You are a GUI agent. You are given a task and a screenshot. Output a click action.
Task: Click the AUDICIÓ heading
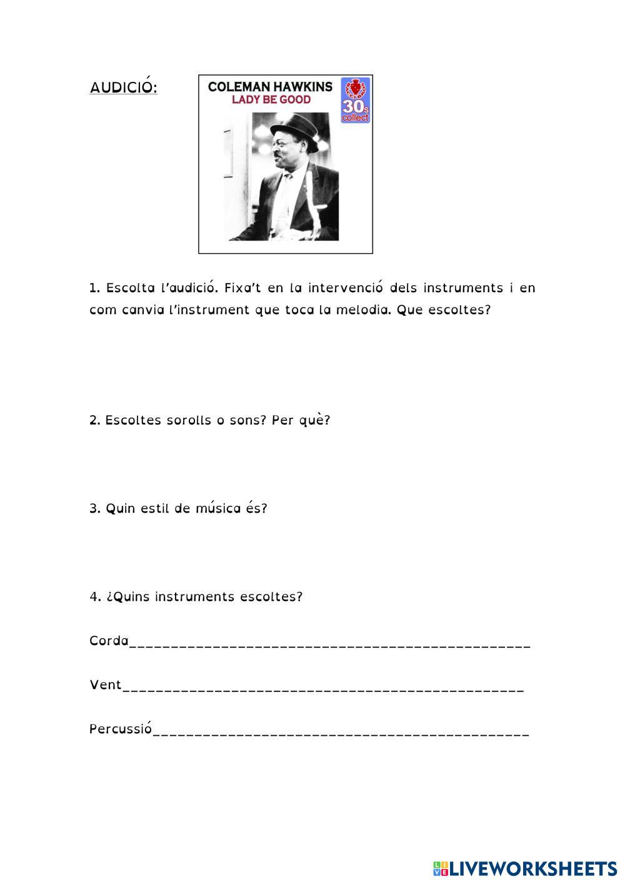(x=123, y=87)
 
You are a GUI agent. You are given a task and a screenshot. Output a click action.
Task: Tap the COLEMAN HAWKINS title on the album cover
(x=270, y=86)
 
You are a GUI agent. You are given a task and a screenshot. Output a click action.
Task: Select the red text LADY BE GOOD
(x=271, y=99)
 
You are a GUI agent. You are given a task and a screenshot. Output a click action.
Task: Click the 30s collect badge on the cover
(x=355, y=100)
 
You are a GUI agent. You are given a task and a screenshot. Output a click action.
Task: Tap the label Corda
(x=109, y=641)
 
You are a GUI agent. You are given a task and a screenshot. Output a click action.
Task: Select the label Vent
(x=106, y=685)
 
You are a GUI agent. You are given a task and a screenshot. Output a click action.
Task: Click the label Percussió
(x=121, y=729)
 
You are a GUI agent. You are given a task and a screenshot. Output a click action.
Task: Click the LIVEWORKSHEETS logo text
(x=532, y=868)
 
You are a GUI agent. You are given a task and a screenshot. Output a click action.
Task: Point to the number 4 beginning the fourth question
(x=94, y=596)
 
